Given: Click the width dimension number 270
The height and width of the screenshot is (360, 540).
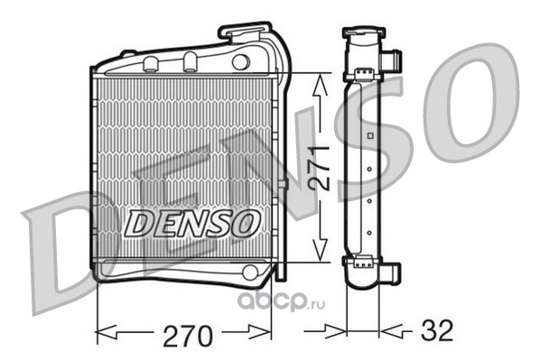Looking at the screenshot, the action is (188, 336).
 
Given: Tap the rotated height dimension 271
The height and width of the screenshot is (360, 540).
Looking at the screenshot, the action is (320, 168).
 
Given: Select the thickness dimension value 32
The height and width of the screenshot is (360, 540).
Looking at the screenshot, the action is (437, 330).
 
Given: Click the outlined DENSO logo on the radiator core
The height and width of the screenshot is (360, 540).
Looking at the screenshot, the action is (191, 223).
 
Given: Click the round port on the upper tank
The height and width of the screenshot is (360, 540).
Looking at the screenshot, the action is (240, 62).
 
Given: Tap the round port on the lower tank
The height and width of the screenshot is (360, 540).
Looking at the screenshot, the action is (250, 272).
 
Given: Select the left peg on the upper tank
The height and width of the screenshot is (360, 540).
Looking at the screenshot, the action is (150, 64).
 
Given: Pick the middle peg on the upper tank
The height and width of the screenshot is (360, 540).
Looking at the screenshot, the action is (190, 61).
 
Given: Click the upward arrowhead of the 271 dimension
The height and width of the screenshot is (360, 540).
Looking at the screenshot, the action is (320, 85).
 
